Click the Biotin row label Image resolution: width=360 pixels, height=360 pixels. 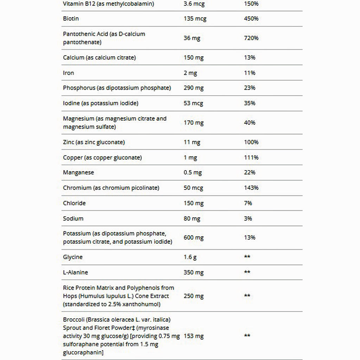[71, 19]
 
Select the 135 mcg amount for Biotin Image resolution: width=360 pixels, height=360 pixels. [195, 19]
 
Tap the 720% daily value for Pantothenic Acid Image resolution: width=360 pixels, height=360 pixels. [251, 38]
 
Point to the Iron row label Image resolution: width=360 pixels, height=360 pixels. [69, 73]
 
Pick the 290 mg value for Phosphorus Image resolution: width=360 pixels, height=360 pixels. [193, 88]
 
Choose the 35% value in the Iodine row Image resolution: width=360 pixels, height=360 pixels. [249, 103]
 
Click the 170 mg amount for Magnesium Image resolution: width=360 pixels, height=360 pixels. [193, 123]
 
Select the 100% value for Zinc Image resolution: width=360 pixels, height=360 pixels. [251, 142]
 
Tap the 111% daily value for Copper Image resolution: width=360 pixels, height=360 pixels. [251, 157]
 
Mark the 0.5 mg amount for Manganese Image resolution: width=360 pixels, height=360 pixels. [193, 173]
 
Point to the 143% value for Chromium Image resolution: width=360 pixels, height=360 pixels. [251, 188]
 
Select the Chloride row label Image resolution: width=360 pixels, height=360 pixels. [74, 203]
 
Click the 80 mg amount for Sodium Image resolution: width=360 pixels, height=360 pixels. [192, 219]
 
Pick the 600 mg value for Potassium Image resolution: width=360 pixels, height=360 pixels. [193, 238]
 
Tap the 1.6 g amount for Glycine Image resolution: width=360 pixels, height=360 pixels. [190, 257]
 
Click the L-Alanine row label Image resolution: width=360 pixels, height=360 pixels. [75, 272]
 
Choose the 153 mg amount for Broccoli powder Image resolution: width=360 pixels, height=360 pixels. [193, 336]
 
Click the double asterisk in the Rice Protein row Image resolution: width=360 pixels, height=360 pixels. [247, 296]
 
